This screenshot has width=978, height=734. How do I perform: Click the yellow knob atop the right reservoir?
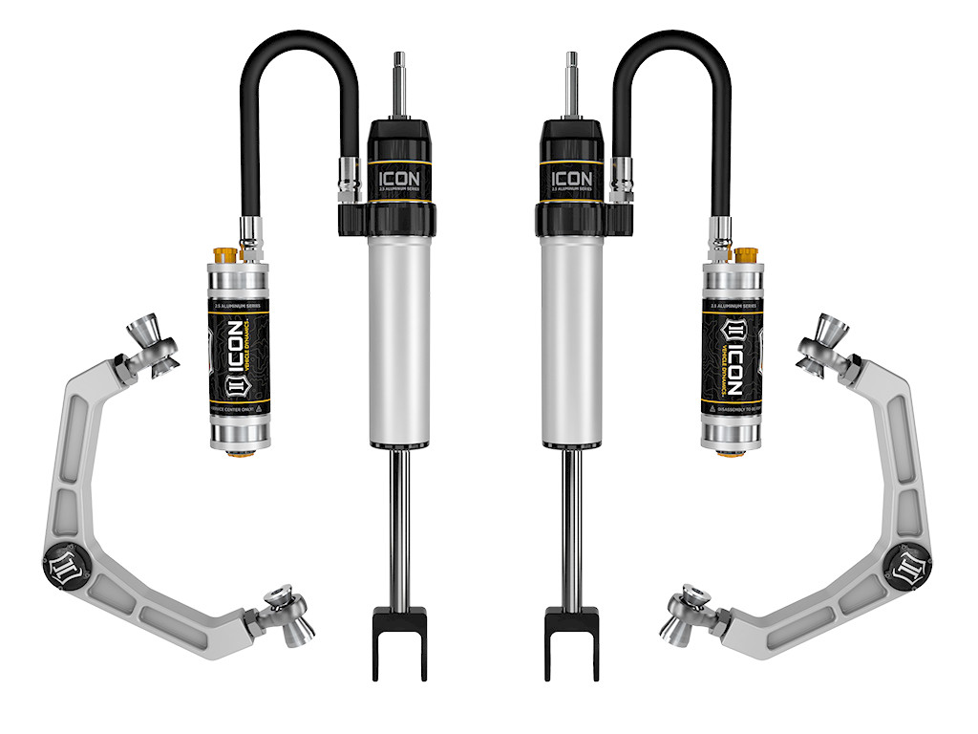point(748,257)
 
